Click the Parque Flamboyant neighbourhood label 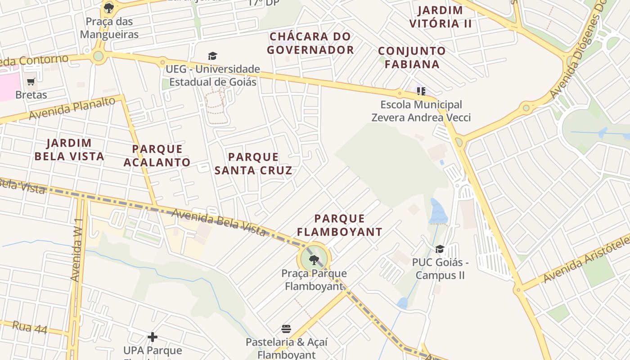coord(339,225)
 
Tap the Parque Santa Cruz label coord(253,163)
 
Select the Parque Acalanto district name coord(157,155)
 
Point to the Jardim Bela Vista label coord(69,150)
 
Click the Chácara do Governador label coord(310,43)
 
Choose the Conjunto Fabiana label coord(412,57)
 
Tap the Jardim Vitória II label coord(441,17)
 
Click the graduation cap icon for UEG coord(212,56)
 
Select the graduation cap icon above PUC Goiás coord(440,249)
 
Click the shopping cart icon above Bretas coord(31,81)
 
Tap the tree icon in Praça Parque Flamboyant coord(314,259)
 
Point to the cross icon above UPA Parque coord(153,337)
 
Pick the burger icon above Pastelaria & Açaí coord(286,328)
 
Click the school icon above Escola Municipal coord(421,91)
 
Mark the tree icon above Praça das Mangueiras coord(108,8)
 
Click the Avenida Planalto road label coord(72,108)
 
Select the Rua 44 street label coord(30,327)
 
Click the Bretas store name coord(31,95)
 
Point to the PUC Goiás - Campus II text coord(440,269)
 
